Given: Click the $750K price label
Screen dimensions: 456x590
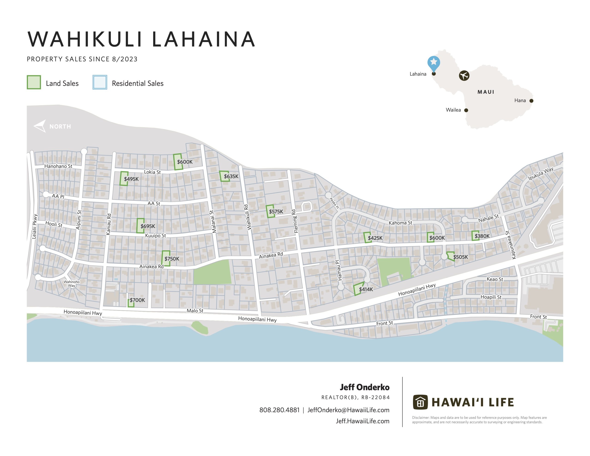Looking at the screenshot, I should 172,259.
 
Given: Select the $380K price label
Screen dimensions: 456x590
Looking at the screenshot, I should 482,236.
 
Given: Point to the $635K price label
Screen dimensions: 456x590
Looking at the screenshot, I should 231,176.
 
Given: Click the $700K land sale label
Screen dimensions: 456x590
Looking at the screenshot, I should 137,300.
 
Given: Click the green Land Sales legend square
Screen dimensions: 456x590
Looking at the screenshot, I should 34,82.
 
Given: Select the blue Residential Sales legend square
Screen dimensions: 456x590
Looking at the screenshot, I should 100,82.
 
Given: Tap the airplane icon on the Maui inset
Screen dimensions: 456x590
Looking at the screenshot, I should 464,75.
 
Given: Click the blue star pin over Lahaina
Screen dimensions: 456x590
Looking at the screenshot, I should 434,62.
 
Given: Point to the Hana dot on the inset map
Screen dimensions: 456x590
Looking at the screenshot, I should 531,101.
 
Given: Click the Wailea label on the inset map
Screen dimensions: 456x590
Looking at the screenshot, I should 453,110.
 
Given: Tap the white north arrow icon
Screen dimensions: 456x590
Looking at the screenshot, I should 40,126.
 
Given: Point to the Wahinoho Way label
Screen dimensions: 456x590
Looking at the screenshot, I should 72,284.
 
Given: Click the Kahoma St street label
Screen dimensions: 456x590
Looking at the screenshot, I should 400,223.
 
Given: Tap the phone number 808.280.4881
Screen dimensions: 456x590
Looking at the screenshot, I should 279,410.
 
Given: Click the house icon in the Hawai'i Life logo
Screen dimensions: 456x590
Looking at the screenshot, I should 420,402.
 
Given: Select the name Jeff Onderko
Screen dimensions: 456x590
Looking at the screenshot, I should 364,387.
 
